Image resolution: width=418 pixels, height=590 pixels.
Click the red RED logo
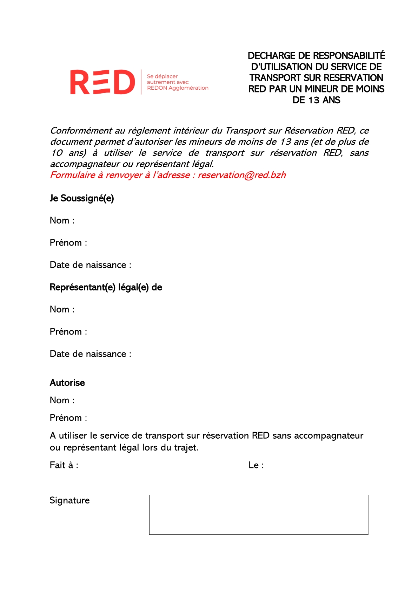(102, 82)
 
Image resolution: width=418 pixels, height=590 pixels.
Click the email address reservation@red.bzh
(242, 175)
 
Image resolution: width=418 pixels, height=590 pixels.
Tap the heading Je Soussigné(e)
(82, 198)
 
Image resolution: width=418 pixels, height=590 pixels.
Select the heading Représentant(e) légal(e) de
(106, 287)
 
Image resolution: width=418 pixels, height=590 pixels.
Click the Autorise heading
(67, 383)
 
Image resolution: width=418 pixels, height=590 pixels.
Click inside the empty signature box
(258, 514)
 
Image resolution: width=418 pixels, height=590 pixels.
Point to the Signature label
(69, 500)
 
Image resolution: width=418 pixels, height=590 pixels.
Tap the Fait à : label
(64, 465)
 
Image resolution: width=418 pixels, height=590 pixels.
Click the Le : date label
(256, 465)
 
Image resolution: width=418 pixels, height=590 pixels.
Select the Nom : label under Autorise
(62, 400)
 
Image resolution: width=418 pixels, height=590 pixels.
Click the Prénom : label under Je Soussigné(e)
(68, 242)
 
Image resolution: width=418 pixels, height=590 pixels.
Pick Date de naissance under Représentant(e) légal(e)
(90, 354)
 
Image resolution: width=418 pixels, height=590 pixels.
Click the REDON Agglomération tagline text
(178, 88)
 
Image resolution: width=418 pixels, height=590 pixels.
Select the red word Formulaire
(72, 175)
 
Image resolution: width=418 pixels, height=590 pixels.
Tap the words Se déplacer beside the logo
(162, 76)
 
